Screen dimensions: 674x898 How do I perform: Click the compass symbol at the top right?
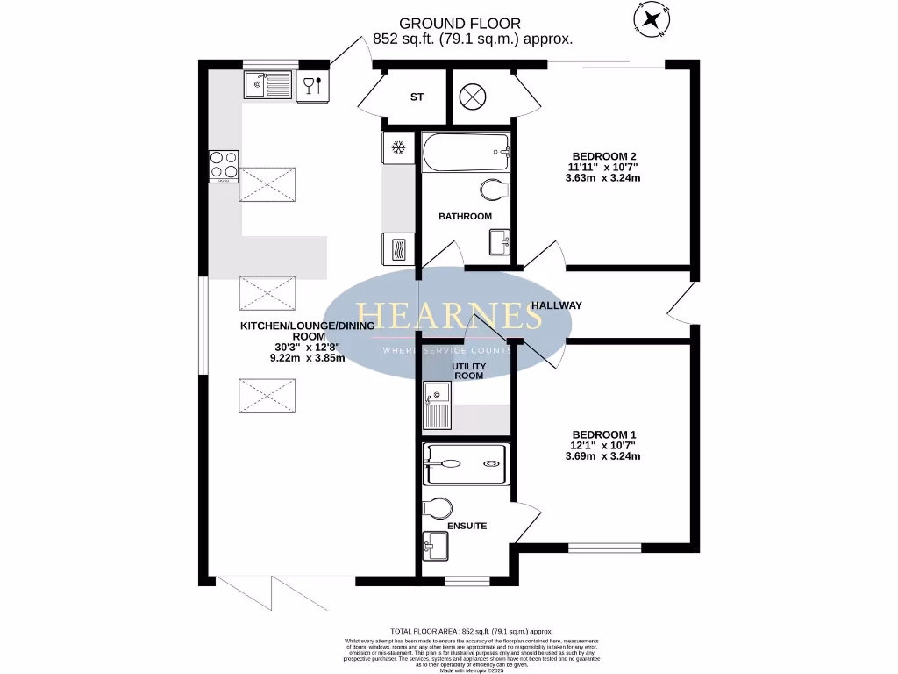(652, 19)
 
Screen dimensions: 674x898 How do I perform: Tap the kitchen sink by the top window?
(268, 85)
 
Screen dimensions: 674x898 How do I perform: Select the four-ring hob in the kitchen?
(224, 165)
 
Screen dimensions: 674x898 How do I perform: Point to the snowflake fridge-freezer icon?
(397, 147)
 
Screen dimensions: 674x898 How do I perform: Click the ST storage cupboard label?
(417, 97)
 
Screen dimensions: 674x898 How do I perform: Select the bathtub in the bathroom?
(465, 153)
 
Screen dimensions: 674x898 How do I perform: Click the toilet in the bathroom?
(495, 189)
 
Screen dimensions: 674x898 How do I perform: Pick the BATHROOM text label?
(465, 216)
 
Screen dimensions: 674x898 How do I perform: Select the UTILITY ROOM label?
(467, 370)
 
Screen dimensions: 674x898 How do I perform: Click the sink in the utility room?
(437, 407)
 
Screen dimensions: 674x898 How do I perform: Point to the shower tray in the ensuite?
(465, 464)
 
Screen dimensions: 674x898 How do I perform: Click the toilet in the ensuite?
(438, 508)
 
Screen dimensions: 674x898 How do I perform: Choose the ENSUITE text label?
(466, 526)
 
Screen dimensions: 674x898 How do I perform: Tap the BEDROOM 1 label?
(604, 434)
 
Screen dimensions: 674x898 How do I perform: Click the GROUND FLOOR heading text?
(472, 23)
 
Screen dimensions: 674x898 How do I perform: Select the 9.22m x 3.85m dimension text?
(307, 358)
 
